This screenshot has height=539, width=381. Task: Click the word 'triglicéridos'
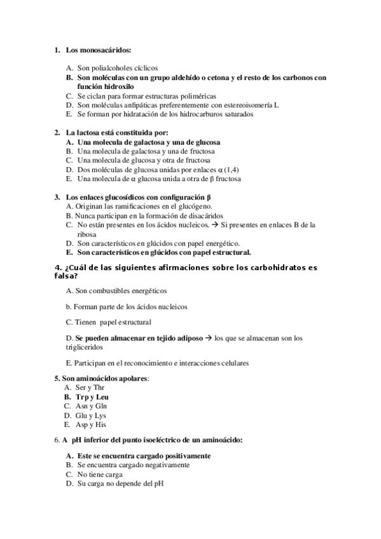click(x=83, y=348)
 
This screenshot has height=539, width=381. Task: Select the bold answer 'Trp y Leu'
click(x=92, y=397)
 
